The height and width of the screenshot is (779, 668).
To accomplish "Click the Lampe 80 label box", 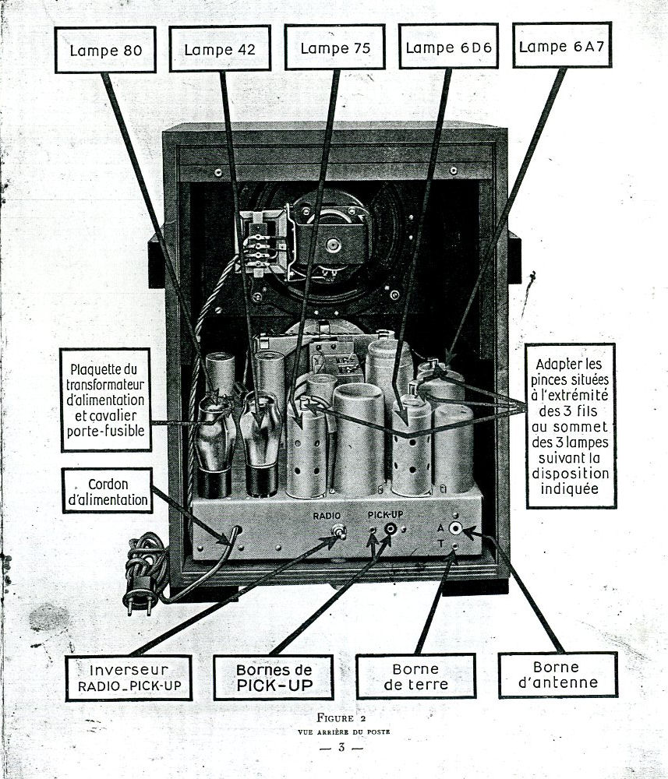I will (104, 50).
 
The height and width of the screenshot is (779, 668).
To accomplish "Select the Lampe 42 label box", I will (219, 49).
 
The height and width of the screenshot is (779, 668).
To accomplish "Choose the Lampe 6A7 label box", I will (561, 46).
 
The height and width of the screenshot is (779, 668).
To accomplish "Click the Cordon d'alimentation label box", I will (108, 490).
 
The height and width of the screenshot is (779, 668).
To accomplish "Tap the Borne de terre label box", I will (415, 676).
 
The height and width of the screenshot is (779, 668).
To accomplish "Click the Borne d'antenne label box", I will (557, 675).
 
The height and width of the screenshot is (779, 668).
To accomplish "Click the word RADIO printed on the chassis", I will (327, 516).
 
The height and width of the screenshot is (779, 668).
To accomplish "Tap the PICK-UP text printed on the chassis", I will (384, 515).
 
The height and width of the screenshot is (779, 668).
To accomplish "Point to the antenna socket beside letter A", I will (455, 528).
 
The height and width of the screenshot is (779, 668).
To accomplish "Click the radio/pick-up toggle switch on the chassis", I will (339, 532).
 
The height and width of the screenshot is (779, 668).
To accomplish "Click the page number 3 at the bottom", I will (341, 748).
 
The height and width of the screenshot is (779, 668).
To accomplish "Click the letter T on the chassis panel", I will (440, 543).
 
